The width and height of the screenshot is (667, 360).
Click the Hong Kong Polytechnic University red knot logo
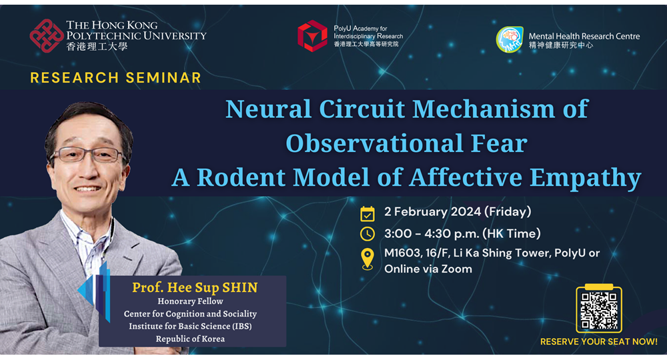47,36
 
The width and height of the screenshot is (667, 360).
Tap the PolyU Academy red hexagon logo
312,36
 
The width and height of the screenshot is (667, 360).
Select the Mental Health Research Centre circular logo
510,39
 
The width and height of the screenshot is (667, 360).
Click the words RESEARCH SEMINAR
115,78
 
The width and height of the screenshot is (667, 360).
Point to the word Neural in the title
268,109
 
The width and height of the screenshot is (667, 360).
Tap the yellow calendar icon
367,213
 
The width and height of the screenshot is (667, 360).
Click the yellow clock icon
367,233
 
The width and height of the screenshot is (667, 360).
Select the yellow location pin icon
367,259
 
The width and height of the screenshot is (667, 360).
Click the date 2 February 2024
433,211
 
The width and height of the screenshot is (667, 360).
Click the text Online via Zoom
428,269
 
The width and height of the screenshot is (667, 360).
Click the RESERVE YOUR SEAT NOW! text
599,342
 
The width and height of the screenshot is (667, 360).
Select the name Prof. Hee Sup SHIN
195,288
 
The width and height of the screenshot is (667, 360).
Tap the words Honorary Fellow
190,301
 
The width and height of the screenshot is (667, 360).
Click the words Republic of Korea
190,339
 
